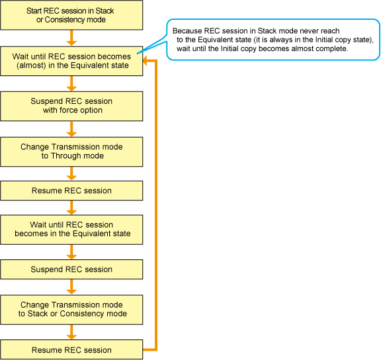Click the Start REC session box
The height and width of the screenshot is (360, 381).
click(x=71, y=15)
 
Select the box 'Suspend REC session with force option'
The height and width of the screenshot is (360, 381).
click(x=71, y=106)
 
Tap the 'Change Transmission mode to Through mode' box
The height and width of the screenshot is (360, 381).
click(x=71, y=152)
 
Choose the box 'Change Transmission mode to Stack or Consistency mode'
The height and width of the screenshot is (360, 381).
click(x=71, y=310)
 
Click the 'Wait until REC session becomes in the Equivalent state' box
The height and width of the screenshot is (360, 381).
click(x=71, y=230)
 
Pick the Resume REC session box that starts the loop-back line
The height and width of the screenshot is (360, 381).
click(x=71, y=349)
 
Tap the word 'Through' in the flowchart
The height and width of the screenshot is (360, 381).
click(x=63, y=156)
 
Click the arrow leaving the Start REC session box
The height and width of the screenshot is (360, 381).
click(x=71, y=38)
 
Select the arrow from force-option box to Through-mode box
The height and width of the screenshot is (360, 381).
click(x=71, y=129)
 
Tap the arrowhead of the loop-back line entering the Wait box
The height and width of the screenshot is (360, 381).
click(x=146, y=61)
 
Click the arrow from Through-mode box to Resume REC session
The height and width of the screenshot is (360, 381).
click(x=71, y=173)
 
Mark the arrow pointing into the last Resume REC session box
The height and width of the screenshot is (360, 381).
click(x=71, y=332)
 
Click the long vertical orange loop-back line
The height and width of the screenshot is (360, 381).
click(x=155, y=205)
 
